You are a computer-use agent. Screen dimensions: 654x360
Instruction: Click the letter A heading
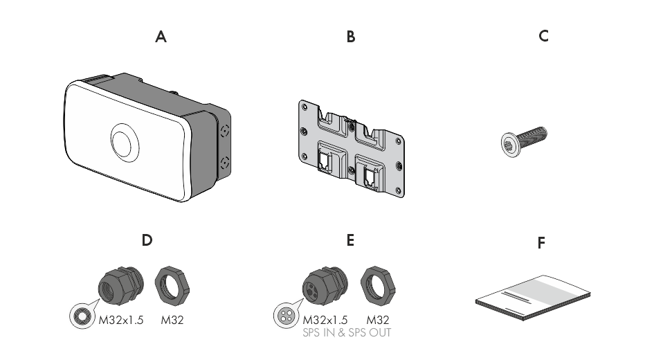tap(161, 37)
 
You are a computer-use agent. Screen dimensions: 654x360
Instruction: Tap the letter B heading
tap(351, 37)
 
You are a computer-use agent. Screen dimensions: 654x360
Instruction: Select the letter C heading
tap(543, 36)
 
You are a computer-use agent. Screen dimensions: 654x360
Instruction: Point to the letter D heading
tap(147, 240)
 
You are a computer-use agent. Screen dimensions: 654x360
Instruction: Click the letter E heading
tap(350, 240)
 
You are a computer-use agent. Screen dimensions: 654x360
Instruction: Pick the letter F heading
tap(541, 243)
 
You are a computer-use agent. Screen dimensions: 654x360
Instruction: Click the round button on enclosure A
tap(123, 142)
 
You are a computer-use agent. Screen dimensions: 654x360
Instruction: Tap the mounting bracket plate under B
tap(351, 148)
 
